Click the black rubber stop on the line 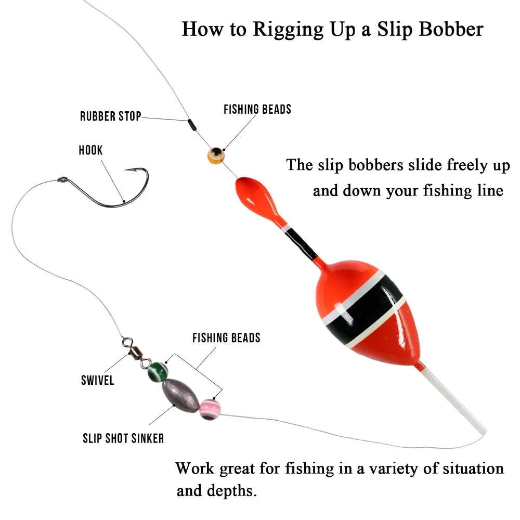(191, 125)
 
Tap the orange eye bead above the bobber (215, 154)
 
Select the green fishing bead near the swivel (158, 371)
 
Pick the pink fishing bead (210, 409)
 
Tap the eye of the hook (61, 181)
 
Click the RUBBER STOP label (110, 116)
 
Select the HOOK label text (90, 151)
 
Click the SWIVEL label (97, 381)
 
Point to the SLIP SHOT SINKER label (123, 438)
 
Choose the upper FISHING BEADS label (257, 109)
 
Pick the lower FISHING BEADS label (226, 338)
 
